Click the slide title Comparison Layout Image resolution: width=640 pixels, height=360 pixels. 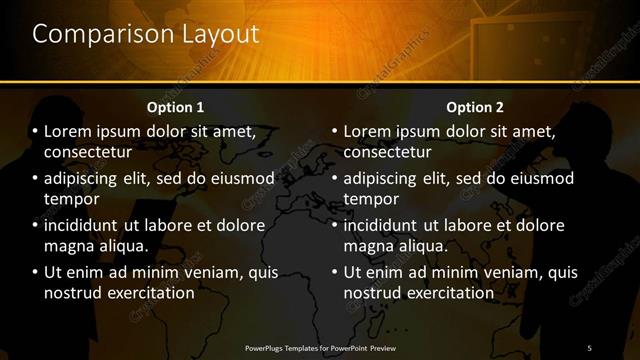tap(145, 33)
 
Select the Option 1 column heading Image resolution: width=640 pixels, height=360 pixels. tap(175, 107)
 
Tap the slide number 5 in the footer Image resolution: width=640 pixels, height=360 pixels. tap(589, 347)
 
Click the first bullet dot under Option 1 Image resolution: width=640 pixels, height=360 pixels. tap(35, 131)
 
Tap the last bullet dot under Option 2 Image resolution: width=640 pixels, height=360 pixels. tap(335, 272)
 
